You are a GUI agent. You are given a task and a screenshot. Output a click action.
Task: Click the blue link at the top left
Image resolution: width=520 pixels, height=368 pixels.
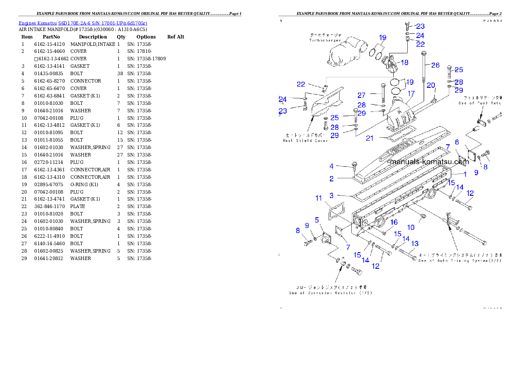(83, 23)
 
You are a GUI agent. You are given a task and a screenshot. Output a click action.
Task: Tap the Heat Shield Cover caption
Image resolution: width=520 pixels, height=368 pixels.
(305, 141)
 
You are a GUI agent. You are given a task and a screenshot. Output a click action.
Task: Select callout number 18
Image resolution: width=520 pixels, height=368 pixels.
(405, 62)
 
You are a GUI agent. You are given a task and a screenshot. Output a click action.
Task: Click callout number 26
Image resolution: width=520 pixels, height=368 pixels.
(435, 65)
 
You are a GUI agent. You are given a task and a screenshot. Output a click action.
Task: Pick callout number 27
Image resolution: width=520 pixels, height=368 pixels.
(361, 95)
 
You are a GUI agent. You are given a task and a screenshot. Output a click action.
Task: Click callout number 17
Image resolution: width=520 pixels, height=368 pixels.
(411, 94)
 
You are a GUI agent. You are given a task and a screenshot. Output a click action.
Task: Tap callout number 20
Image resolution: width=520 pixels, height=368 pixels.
(431, 85)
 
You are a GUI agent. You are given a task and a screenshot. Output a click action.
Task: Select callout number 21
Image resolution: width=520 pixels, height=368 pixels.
(370, 138)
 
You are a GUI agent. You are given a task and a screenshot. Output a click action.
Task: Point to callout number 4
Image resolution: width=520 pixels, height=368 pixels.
(332, 166)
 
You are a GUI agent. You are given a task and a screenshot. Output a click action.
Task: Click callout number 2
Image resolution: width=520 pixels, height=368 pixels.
(332, 179)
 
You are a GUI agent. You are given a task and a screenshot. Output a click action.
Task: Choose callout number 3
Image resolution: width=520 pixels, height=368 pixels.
(332, 195)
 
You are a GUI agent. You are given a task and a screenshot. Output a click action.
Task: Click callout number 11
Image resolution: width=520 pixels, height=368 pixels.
(319, 198)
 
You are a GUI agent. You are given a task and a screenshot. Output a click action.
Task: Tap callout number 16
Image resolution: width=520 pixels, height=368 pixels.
(394, 222)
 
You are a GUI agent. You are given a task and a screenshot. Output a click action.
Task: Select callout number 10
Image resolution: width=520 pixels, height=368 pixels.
(411, 227)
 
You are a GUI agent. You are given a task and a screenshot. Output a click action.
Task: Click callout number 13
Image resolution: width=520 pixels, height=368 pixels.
(415, 243)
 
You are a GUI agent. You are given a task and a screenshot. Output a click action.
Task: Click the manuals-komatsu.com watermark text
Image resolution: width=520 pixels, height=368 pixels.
(429, 161)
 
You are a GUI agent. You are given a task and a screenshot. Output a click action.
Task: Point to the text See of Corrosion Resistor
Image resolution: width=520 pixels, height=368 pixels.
(330, 293)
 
